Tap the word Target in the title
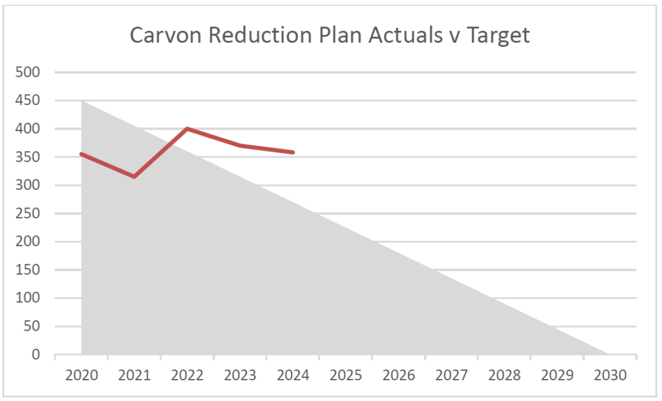coord(500,35)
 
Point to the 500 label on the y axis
coord(28,72)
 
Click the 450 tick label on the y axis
coord(28,101)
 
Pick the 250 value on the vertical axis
coord(28,214)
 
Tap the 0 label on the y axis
coord(36,355)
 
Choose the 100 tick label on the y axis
coord(28,298)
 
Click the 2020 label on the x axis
coord(81,375)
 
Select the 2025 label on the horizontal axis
coord(345,375)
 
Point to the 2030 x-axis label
coord(610,375)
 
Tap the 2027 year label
coord(451,375)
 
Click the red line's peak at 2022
coord(187,129)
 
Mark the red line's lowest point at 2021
coord(134,176)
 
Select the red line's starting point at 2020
coord(81,154)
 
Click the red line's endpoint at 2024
coord(293,152)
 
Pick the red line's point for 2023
coord(240,145)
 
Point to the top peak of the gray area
coord(82,101)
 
